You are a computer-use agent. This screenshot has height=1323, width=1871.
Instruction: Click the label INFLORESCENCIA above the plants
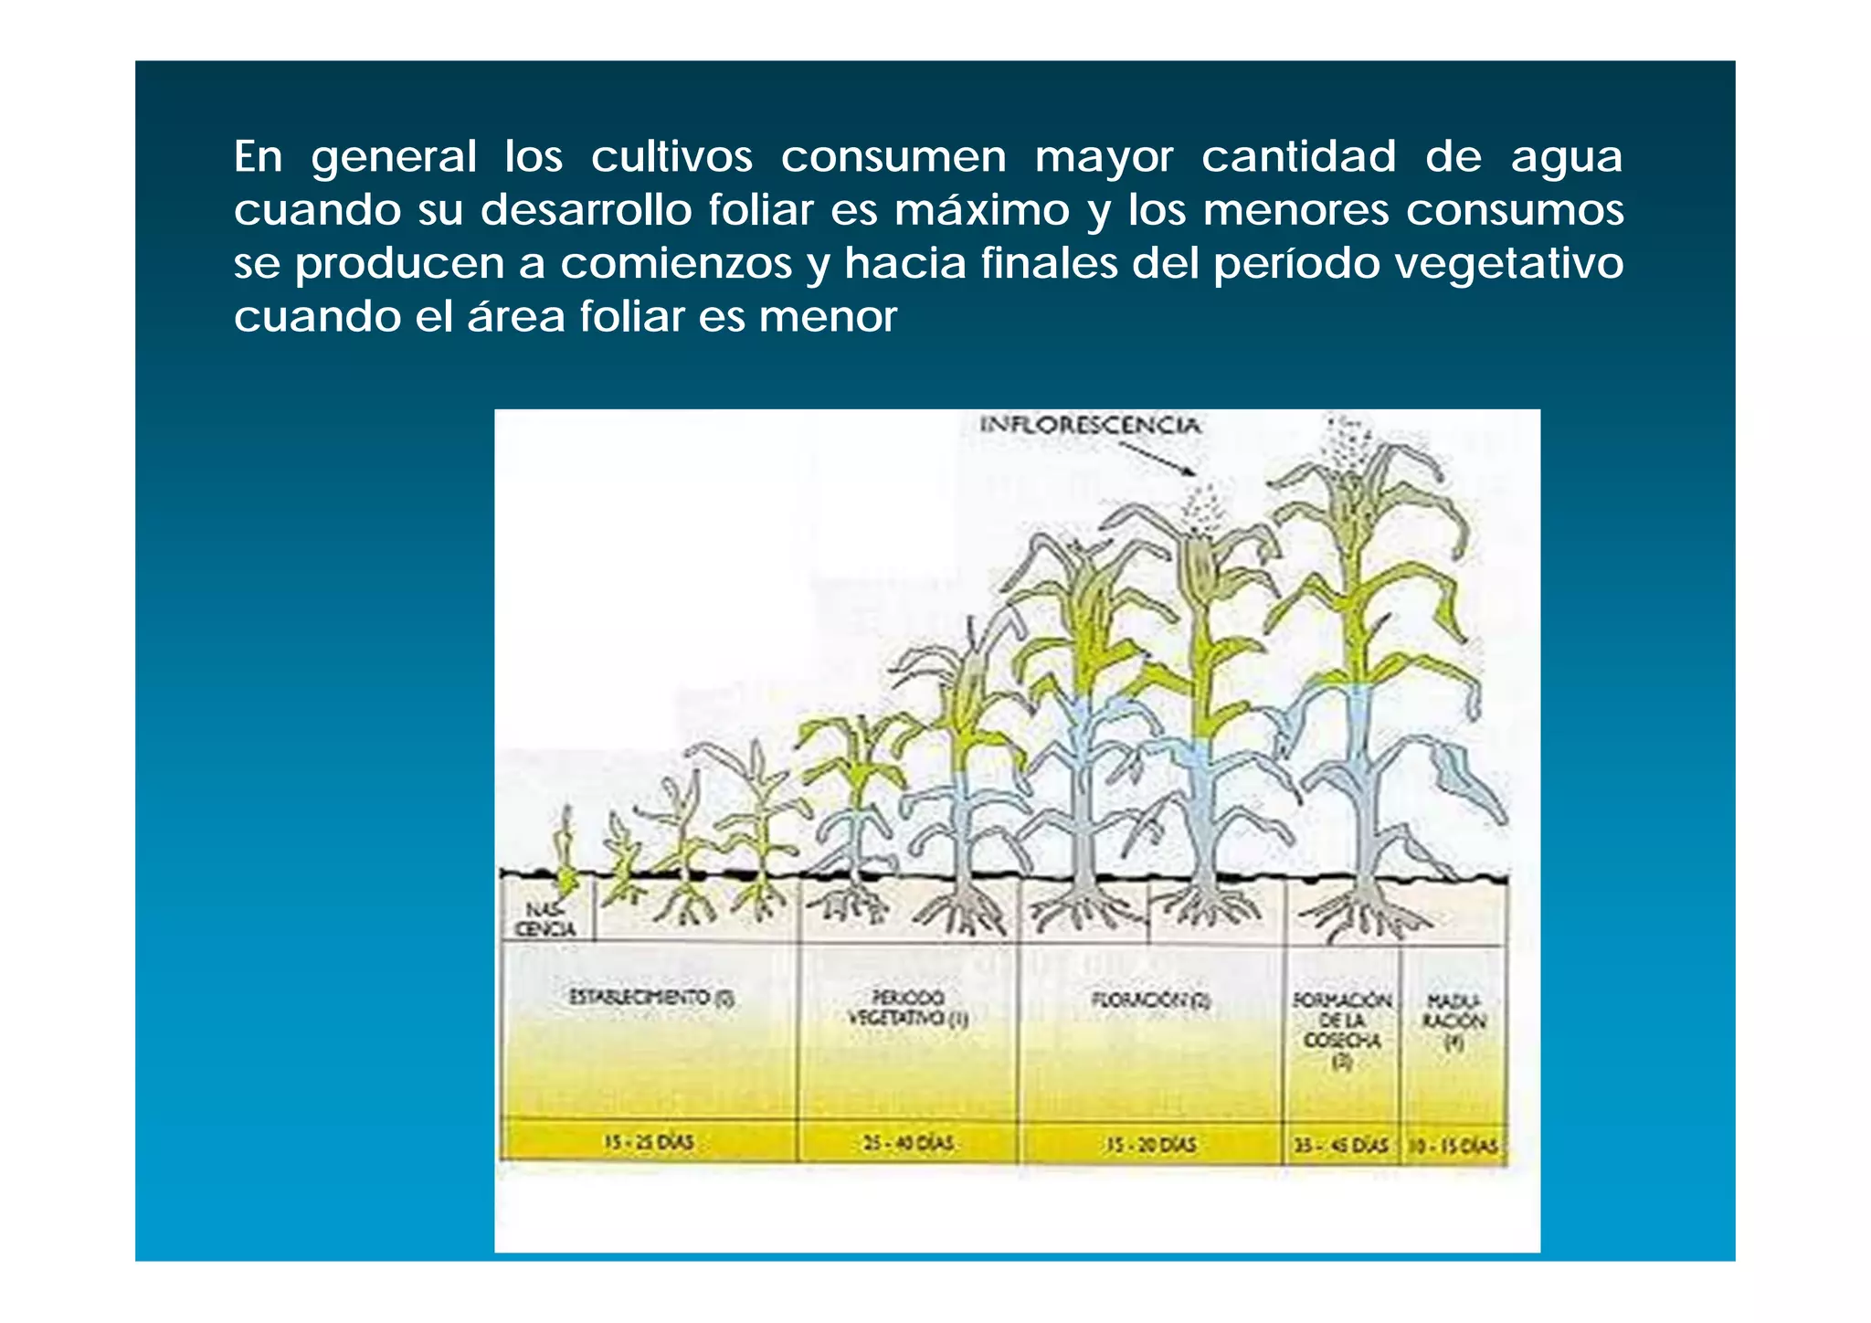pos(1089,425)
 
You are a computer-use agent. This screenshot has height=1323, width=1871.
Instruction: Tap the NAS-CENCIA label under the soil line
pos(544,919)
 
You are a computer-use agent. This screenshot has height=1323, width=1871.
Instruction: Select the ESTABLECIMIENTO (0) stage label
pos(651,997)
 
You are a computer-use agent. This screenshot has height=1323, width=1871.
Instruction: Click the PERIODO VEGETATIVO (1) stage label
pos(907,1008)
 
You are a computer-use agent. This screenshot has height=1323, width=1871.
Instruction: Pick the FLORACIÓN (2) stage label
pos(1150,1000)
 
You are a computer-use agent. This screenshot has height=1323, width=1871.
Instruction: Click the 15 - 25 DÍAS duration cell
pos(649,1142)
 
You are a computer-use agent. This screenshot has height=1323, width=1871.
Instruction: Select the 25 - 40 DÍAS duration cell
pos(907,1143)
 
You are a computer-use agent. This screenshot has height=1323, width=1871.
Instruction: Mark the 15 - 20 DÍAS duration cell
pos(1150,1144)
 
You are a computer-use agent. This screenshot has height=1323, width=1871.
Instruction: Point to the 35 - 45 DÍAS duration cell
pos(1340,1145)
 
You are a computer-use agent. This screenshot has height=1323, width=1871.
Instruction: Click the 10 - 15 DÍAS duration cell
pos(1453,1146)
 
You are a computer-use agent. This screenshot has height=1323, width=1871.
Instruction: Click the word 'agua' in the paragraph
pos(1566,158)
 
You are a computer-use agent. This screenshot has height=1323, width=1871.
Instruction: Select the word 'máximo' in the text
pos(981,211)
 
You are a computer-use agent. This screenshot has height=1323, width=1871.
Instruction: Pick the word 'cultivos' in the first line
pos(671,157)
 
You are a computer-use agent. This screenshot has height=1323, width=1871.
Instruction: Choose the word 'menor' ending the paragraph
pos(828,318)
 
